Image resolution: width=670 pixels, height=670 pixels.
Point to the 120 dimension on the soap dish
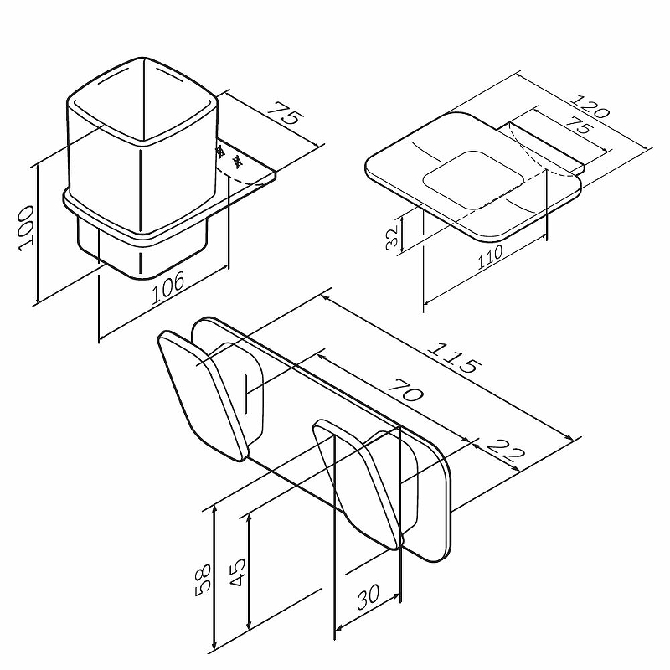[591, 107]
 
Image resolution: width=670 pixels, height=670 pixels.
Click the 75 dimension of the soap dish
[580, 126]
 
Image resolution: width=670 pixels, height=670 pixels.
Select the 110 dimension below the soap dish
[490, 255]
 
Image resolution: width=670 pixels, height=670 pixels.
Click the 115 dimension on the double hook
[456, 358]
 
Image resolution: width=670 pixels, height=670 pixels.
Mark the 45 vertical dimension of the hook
[238, 572]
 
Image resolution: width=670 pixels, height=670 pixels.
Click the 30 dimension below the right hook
[368, 598]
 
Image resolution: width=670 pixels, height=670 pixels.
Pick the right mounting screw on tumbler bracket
[236, 161]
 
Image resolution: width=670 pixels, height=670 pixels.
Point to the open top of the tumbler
[142, 100]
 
